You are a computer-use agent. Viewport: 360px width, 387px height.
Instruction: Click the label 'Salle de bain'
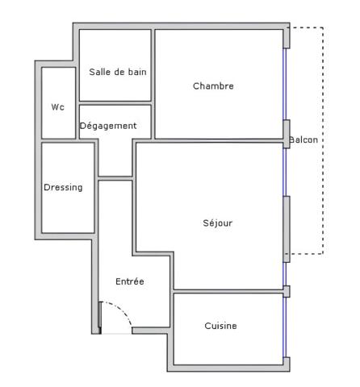(118, 72)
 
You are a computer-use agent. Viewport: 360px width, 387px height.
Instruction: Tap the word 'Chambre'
(213, 86)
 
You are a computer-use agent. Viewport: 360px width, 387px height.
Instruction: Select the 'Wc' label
(57, 106)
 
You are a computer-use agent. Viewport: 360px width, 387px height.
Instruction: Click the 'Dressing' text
(63, 187)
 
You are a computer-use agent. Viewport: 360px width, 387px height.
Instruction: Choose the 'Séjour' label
(217, 223)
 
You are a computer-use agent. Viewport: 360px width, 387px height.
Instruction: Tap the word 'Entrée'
(129, 281)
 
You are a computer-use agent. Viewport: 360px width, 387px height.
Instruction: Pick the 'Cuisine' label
(220, 326)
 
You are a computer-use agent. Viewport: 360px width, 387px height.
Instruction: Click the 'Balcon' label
(303, 139)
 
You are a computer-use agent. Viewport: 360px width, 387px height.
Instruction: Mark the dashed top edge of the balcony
(307, 28)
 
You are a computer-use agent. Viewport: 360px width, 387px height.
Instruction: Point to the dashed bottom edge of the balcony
(307, 254)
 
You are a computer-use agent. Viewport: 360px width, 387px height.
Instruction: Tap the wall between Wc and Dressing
(58, 140)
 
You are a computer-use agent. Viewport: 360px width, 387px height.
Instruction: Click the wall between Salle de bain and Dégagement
(115, 102)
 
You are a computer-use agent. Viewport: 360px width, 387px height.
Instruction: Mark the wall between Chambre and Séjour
(210, 141)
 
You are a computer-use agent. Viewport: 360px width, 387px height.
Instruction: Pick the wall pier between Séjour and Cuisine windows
(286, 291)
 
